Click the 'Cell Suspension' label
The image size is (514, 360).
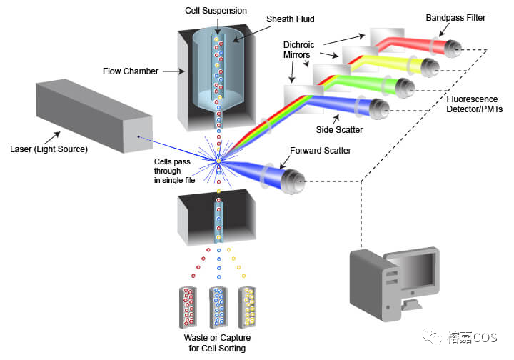click(x=215, y=11)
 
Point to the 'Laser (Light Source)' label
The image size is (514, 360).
click(x=48, y=149)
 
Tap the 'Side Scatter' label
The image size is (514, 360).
click(x=338, y=131)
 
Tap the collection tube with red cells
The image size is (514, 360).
click(x=188, y=306)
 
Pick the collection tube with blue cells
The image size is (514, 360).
click(x=218, y=306)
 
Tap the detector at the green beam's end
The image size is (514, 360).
click(x=405, y=88)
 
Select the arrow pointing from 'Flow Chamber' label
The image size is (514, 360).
click(x=172, y=71)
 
